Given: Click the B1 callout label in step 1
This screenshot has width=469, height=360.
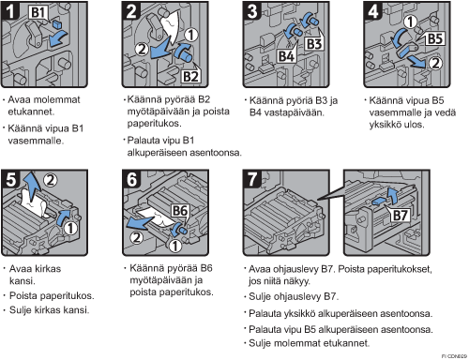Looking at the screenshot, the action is pos(38,12).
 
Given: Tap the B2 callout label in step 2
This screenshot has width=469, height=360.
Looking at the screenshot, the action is pos(190,77).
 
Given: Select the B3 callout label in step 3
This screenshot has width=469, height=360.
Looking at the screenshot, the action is pos(314,44).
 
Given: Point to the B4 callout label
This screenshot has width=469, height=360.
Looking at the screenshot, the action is pos(286,56).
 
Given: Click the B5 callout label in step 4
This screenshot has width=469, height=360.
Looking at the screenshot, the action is pos(435,39).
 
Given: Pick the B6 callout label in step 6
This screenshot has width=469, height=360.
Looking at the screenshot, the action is pos(180,211).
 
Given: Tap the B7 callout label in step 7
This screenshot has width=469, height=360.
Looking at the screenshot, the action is pos(400,216).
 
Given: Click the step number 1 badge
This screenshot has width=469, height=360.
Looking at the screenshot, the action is pos(10,11).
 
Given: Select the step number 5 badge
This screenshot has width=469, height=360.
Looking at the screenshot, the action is pos(10,179).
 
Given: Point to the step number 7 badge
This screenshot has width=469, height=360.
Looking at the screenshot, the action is pos(252,179).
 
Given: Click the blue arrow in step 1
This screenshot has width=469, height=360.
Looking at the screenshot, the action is pos(58,38).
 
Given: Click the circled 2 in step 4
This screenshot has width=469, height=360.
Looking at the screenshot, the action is pos(435,64).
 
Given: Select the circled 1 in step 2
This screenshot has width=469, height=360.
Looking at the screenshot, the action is pos(191,35).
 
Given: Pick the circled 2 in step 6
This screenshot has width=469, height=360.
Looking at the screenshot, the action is pos(136,238).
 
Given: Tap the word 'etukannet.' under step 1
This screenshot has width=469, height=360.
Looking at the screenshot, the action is pos(31,112).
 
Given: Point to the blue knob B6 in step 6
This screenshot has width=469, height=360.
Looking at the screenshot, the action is pos(178,230).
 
